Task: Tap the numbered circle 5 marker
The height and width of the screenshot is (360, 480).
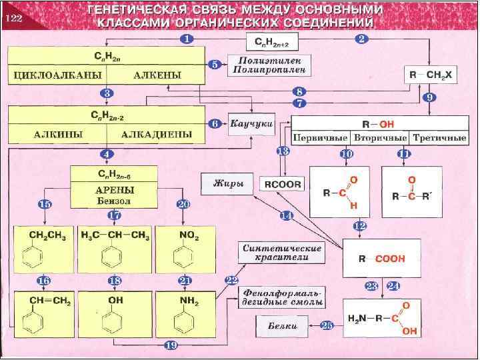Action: tap(215, 65)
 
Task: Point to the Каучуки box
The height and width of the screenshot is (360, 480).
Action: tap(252, 124)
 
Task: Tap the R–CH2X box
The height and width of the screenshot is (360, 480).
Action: tap(432, 76)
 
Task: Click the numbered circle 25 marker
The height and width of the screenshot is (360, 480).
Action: tap(327, 325)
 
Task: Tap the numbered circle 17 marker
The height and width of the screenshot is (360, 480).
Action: tap(114, 215)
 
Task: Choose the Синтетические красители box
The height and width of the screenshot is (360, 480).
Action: tap(281, 252)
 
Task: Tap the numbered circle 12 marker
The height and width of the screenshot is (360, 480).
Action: tap(360, 226)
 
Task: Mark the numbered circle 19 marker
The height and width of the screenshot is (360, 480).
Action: tap(171, 345)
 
